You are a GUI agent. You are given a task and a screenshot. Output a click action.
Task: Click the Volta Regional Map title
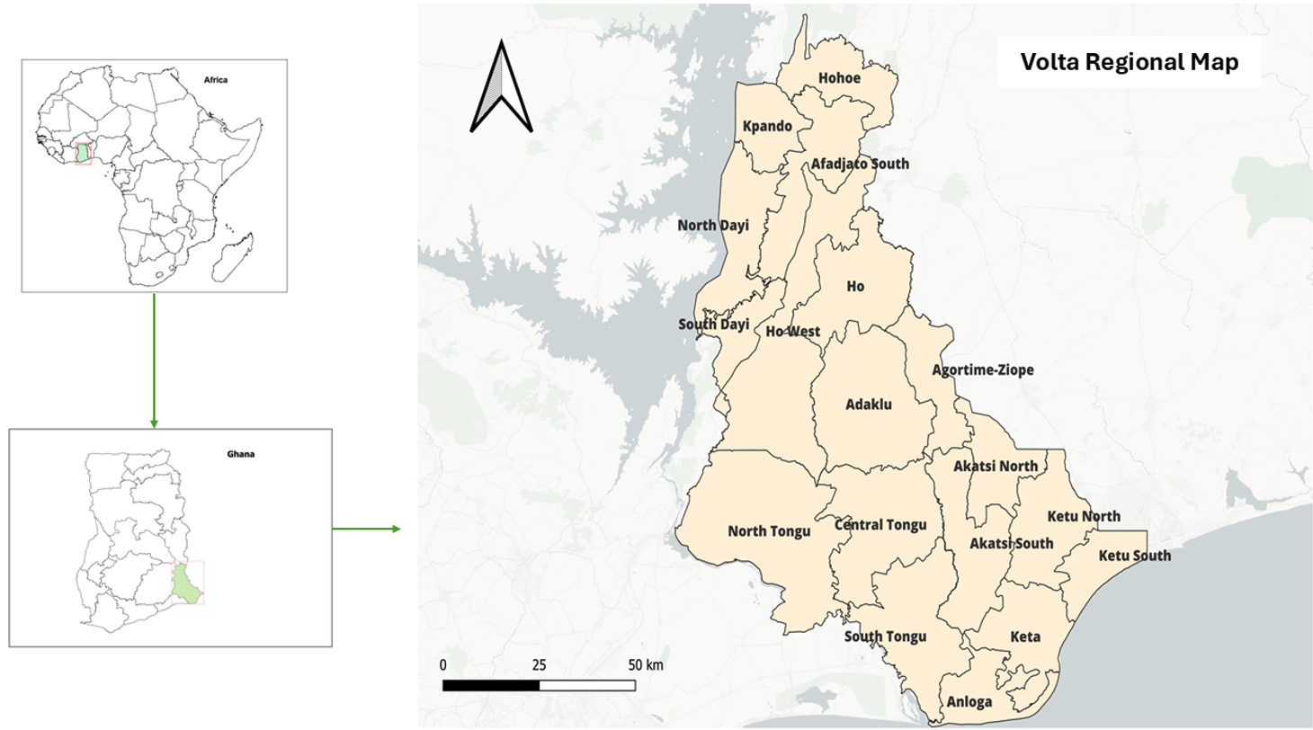[x=1129, y=63]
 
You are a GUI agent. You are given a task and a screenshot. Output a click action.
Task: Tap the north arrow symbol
[x=502, y=90]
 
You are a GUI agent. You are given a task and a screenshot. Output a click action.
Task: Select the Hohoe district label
[x=839, y=78]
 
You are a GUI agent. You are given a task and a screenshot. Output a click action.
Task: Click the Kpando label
[x=767, y=126]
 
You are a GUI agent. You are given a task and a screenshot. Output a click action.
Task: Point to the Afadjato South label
[x=860, y=164]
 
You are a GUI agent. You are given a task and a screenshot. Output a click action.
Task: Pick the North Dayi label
[x=713, y=226]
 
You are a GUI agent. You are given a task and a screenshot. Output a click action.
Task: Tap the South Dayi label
[x=713, y=324]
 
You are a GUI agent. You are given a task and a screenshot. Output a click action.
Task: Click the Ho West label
[x=792, y=332]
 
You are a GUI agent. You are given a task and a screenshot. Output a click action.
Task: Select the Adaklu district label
[x=869, y=405]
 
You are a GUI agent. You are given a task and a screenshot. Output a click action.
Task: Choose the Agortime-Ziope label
[x=982, y=369]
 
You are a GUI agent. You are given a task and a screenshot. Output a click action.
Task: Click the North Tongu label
[x=769, y=531]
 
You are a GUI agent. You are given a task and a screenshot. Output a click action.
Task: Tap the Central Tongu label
[x=880, y=525]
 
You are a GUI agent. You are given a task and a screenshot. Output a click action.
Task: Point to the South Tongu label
[x=885, y=637]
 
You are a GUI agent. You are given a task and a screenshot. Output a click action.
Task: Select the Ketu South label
[x=1135, y=556]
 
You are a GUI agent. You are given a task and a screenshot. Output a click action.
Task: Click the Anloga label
[x=969, y=701]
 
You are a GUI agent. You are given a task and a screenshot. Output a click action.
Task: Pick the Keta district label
[x=1025, y=637]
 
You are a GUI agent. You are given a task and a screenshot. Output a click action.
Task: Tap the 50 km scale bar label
[x=646, y=665]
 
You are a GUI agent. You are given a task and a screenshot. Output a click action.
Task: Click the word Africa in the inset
[x=216, y=80]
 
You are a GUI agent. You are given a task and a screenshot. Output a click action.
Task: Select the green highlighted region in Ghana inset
[x=187, y=583]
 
